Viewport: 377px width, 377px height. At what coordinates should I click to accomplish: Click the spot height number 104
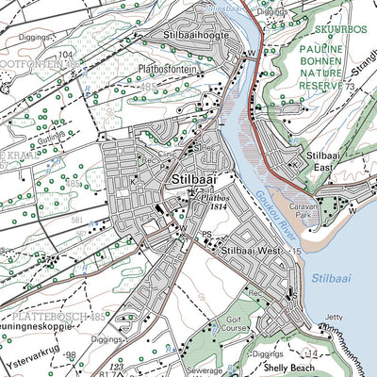tap(65, 57)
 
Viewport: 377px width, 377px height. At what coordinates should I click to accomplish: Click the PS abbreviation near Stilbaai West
tap(206, 235)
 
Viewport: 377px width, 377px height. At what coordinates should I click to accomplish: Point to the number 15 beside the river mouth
tap(297, 253)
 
